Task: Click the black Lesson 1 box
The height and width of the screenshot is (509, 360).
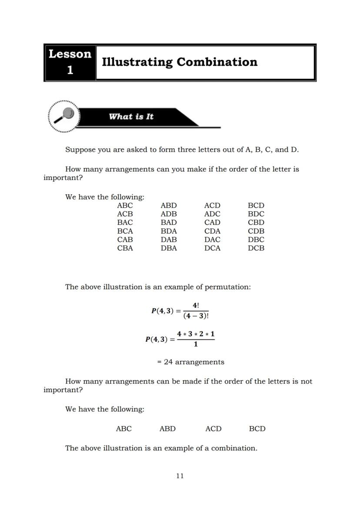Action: click(70, 62)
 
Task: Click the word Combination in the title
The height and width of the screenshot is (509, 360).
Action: click(217, 62)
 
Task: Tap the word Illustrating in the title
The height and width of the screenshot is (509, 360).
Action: click(137, 62)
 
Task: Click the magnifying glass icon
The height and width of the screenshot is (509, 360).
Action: click(65, 116)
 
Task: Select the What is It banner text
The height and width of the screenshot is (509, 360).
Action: click(131, 116)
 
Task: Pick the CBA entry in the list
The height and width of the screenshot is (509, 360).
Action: click(125, 248)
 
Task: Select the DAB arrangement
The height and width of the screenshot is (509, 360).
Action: click(169, 240)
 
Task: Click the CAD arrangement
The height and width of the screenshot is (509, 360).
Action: click(212, 223)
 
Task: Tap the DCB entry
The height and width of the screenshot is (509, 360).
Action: click(256, 248)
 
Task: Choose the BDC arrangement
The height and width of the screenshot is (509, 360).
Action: click(256, 214)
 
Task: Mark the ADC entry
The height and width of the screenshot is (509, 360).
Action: click(212, 214)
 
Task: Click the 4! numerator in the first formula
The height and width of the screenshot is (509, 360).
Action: click(196, 306)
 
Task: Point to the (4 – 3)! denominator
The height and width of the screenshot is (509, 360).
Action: click(196, 316)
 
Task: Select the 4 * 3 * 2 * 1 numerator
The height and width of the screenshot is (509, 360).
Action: click(196, 334)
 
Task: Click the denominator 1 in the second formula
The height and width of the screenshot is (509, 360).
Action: click(196, 344)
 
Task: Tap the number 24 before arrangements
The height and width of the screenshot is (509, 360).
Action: click(168, 362)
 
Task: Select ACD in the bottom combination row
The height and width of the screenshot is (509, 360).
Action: click(213, 429)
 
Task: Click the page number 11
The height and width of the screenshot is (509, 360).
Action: click(180, 476)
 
